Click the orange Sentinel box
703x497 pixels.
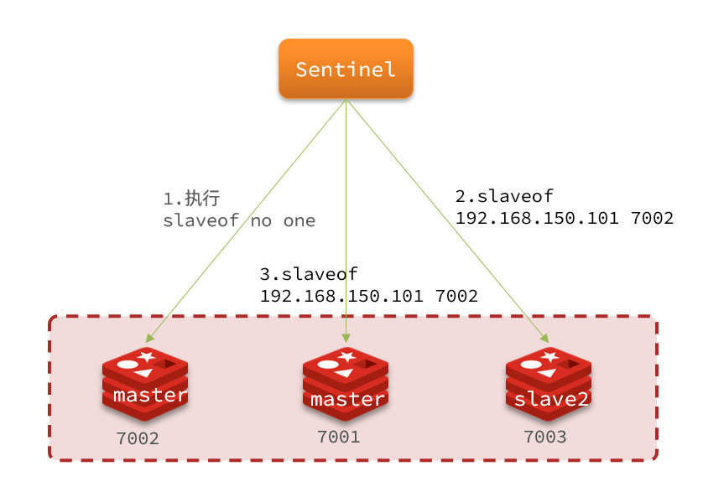coord(346,69)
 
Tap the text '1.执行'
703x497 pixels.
coord(191,199)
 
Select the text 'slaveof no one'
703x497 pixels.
coord(239,221)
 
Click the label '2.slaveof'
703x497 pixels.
coord(504,196)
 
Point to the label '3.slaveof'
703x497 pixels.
coord(309,274)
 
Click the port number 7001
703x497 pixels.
coord(339,437)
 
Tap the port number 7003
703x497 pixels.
coord(545,437)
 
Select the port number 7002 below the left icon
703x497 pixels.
coord(138,438)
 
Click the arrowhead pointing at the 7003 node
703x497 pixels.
coord(544,339)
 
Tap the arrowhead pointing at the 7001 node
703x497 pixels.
coord(346,339)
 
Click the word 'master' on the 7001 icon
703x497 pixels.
coord(346,399)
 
